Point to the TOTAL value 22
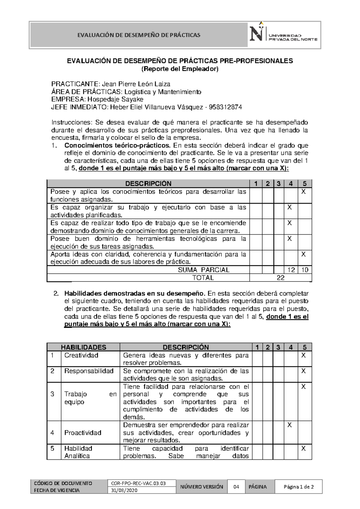click(x=280, y=278)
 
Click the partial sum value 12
click(x=291, y=270)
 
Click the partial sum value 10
click(x=305, y=270)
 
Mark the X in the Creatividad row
click(x=303, y=355)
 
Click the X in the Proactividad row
click(x=289, y=425)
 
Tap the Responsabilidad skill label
click(x=89, y=371)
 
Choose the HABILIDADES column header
click(x=83, y=347)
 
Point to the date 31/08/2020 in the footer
click(x=124, y=490)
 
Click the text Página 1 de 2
click(x=298, y=487)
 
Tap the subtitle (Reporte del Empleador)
click(x=180, y=69)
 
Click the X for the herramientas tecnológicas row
click(x=289, y=239)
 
